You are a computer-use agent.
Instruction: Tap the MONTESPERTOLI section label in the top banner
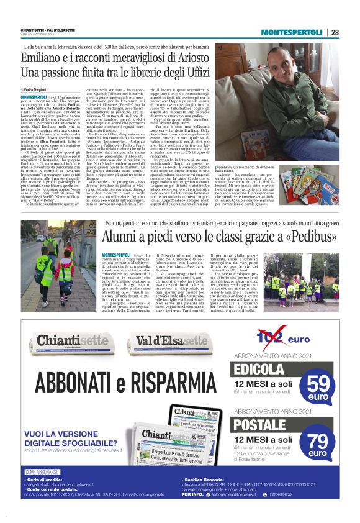click(x=291, y=32)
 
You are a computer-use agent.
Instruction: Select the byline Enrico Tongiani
click(x=37, y=91)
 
